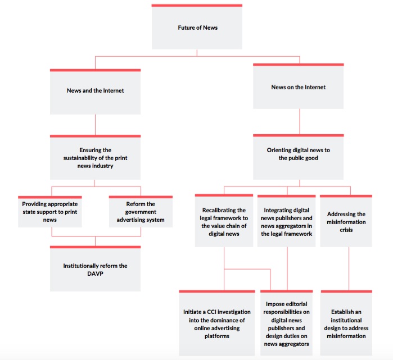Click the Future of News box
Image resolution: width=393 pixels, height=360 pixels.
(197, 27)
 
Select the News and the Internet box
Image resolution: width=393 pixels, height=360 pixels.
(95, 92)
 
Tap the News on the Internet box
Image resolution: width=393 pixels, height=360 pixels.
(298, 86)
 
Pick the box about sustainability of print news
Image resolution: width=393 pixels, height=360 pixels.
(95, 157)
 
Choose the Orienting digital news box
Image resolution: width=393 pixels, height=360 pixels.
(298, 157)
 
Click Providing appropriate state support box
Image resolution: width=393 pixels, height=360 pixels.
(50, 212)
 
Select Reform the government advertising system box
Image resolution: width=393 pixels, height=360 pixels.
(141, 212)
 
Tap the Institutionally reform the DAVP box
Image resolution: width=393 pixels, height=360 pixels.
(95, 268)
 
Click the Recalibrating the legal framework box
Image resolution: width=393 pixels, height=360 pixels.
(224, 221)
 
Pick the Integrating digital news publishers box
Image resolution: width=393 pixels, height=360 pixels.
(287, 221)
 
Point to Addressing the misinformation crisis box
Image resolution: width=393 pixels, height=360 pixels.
(346, 221)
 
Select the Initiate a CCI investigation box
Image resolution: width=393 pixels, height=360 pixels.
(217, 323)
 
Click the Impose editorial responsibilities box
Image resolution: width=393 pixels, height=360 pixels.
(287, 323)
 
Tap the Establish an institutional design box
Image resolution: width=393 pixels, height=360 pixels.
(346, 323)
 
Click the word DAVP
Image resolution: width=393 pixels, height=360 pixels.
(95, 274)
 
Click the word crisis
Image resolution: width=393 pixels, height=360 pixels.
(346, 230)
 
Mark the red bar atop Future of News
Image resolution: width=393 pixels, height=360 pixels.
(197, 5)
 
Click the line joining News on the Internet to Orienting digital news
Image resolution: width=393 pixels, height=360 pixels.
(300, 121)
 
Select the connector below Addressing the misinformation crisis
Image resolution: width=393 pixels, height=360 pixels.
(349, 268)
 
